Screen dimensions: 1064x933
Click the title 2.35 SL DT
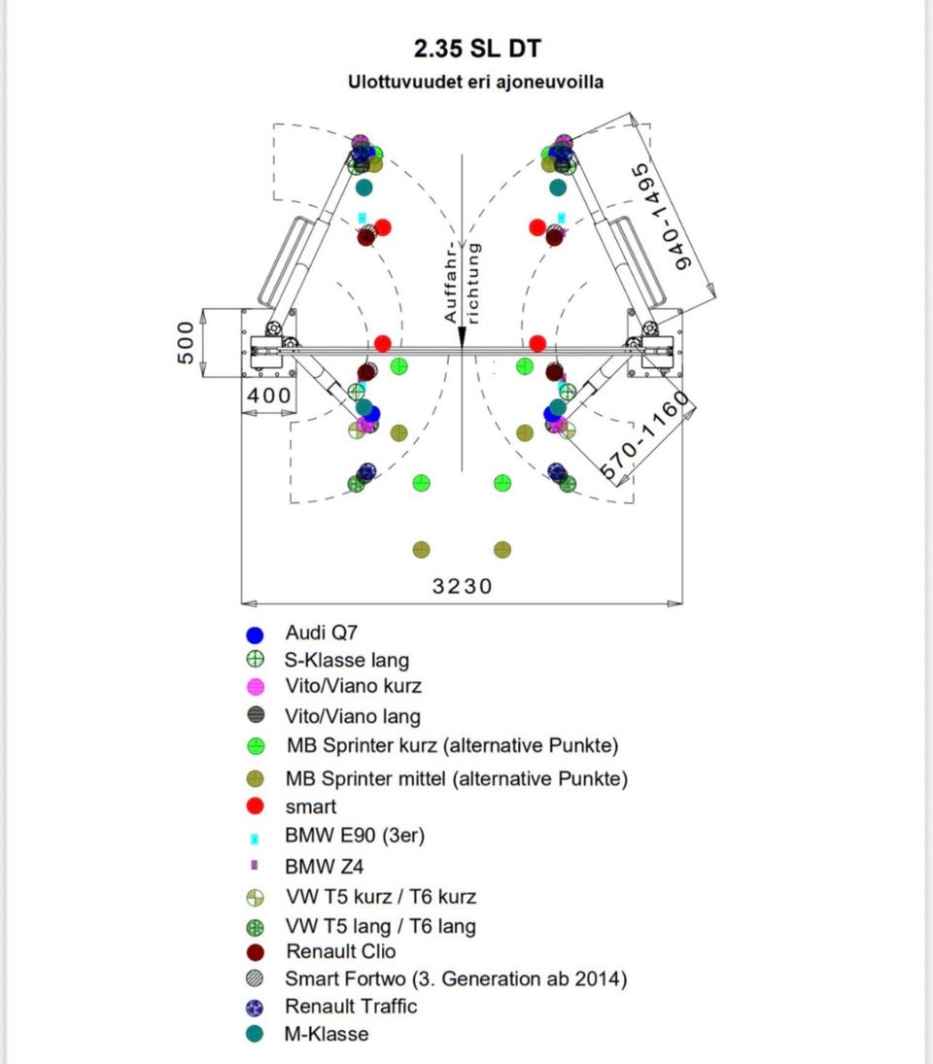tap(475, 49)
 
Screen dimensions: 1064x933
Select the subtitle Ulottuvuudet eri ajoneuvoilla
tap(475, 82)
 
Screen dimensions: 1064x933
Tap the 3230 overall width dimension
tap(463, 586)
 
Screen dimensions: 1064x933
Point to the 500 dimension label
tap(186, 343)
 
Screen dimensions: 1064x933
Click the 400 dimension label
tap(268, 395)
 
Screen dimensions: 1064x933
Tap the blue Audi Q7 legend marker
tap(256, 635)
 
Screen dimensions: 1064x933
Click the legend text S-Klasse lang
tap(347, 660)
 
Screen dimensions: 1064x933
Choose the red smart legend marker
tap(256, 806)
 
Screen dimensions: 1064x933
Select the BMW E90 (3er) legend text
tap(356, 835)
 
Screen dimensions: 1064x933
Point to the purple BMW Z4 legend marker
tap(255, 864)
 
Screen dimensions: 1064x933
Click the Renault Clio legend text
tap(340, 951)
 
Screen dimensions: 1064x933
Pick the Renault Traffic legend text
tap(351, 1006)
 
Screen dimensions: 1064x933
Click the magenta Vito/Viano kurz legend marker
tap(256, 687)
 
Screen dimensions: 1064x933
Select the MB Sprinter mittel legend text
tap(457, 778)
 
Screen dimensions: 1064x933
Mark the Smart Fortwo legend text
tap(456, 978)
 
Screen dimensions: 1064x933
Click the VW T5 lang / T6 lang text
tap(381, 925)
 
